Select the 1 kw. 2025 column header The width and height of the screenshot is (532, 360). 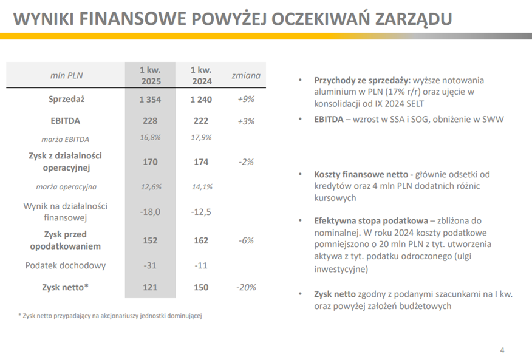151,76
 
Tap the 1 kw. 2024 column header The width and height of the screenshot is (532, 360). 201,76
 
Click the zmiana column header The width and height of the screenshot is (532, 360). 246,76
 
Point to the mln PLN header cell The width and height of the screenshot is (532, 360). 66,76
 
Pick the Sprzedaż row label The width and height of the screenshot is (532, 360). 66,99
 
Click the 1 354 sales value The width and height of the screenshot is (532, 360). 150,99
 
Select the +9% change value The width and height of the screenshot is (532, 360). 246,99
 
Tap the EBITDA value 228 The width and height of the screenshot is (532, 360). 150,121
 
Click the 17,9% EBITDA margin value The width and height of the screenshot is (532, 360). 201,138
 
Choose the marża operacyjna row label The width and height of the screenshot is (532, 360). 66,186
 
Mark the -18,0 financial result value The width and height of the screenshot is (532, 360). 150,211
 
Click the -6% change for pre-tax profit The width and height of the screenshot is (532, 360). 246,240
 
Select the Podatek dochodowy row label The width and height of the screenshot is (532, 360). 66,265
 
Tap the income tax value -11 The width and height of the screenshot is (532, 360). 201,265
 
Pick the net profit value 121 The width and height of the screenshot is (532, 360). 150,287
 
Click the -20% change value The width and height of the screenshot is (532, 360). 246,287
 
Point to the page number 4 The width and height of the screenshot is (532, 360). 502,350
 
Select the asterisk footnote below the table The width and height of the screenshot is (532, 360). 109,316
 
